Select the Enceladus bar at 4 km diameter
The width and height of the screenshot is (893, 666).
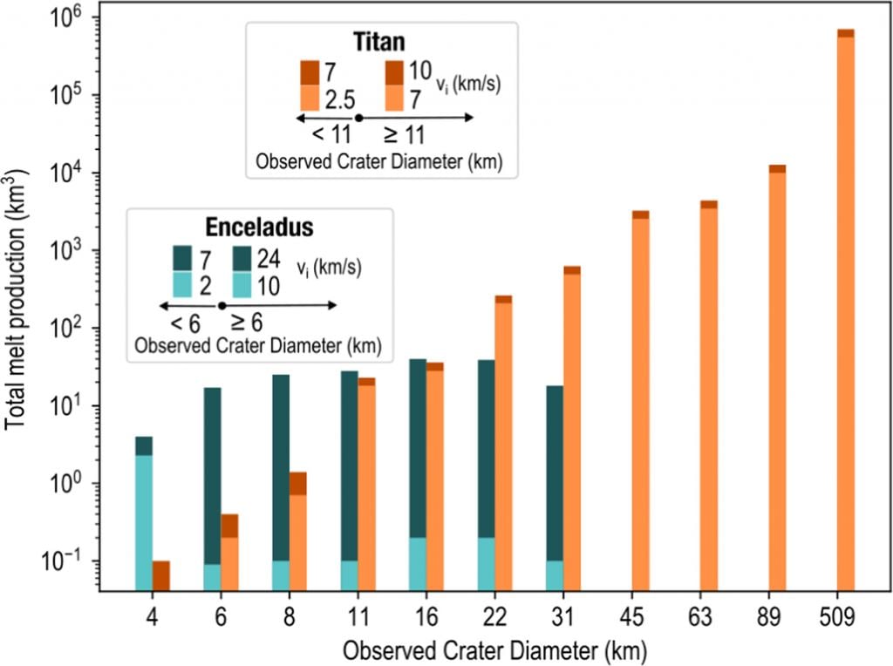tap(144, 514)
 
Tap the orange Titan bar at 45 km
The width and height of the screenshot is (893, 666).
tap(640, 401)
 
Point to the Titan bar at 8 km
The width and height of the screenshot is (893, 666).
tap(298, 532)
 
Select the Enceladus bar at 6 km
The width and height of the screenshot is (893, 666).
tap(212, 489)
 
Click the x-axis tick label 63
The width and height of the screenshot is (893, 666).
tap(709, 617)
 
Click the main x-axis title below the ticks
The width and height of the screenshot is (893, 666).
tap(496, 650)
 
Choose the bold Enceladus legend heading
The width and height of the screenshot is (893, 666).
tap(260, 227)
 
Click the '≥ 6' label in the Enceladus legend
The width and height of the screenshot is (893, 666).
tap(249, 323)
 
